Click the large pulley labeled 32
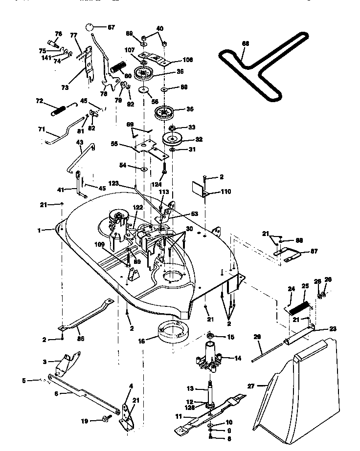click(174, 138)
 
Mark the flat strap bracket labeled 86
click(87, 318)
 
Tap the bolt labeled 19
click(105, 418)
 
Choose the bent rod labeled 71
click(62, 135)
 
